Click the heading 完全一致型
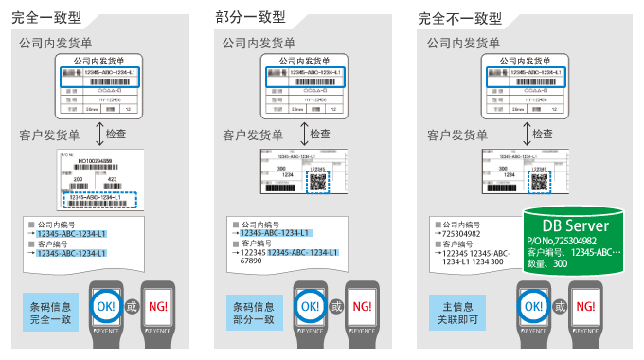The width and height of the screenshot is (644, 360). [x=45, y=16]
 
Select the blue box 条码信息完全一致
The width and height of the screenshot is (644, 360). [x=53, y=308]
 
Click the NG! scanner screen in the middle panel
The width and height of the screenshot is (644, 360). [x=362, y=307]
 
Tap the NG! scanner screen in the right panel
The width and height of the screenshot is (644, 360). [x=585, y=307]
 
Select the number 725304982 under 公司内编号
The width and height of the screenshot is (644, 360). [x=460, y=232]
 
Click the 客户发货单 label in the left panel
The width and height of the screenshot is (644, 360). [x=51, y=135]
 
